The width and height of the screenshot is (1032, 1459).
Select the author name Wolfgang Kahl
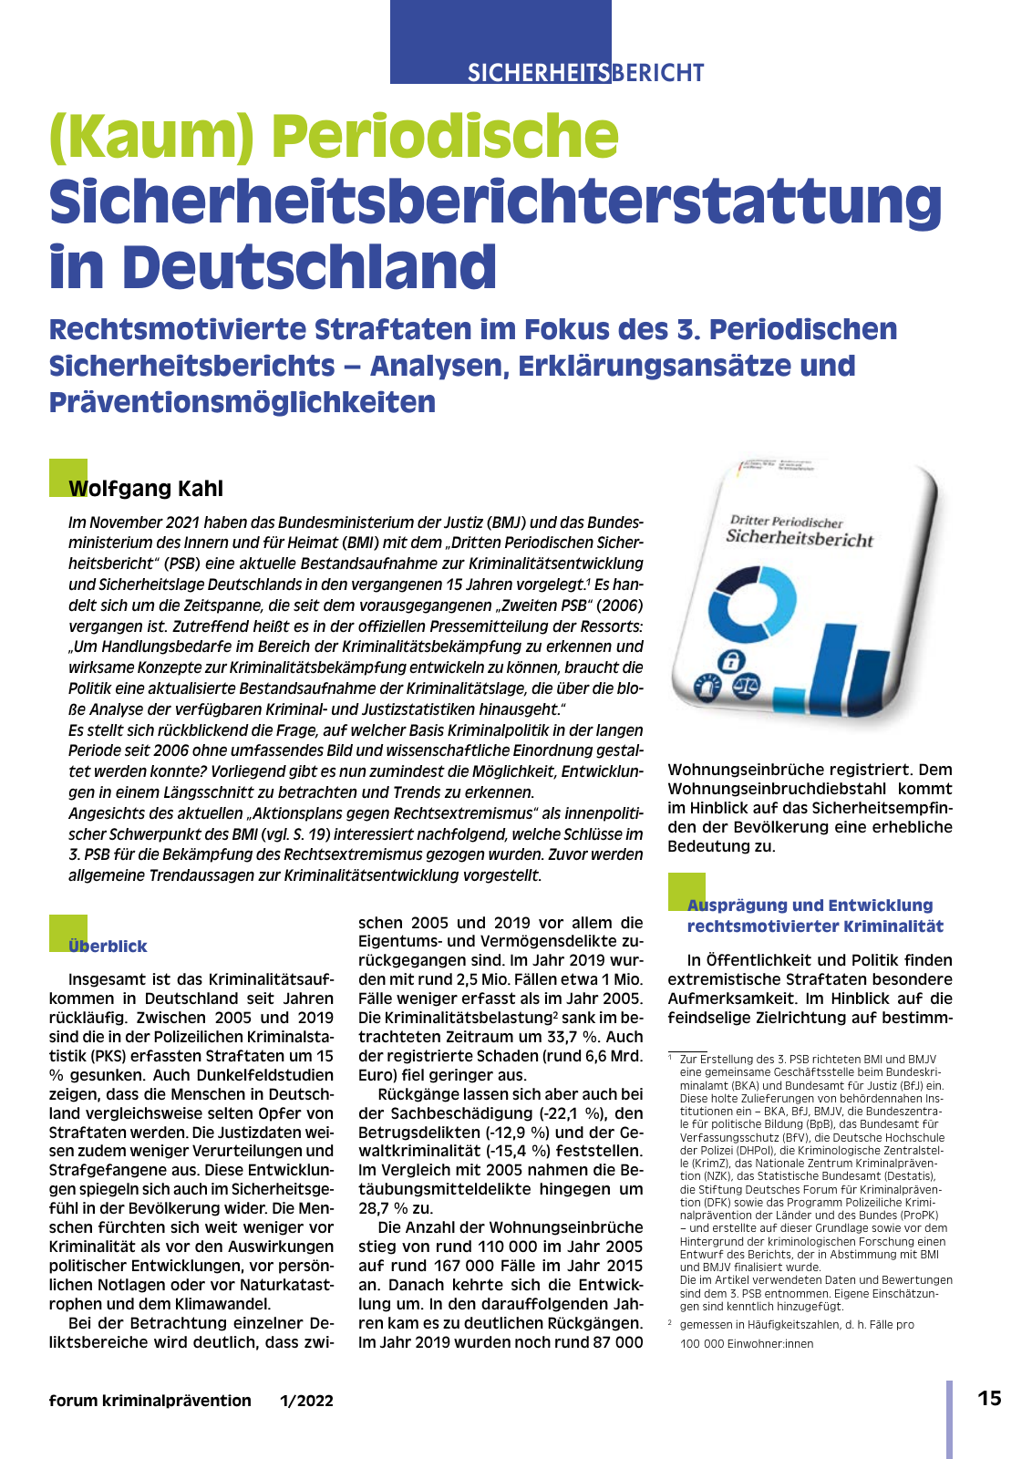pyautogui.click(x=146, y=489)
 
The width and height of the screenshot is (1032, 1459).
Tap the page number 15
pyautogui.click(x=988, y=1399)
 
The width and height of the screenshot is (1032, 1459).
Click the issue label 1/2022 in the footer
pyautogui.click(x=306, y=1402)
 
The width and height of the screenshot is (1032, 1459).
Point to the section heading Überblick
pyautogui.click(x=108, y=947)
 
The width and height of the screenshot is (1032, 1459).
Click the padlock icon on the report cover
pyautogui.click(x=731, y=661)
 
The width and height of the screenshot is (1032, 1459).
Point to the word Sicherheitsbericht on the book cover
pyautogui.click(x=799, y=539)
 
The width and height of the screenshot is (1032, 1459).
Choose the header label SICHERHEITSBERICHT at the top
pyautogui.click(x=585, y=73)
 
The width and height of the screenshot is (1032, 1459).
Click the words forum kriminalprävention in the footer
pyautogui.click(x=150, y=1402)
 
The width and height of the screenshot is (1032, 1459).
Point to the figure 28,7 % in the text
pyautogui.click(x=383, y=1208)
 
